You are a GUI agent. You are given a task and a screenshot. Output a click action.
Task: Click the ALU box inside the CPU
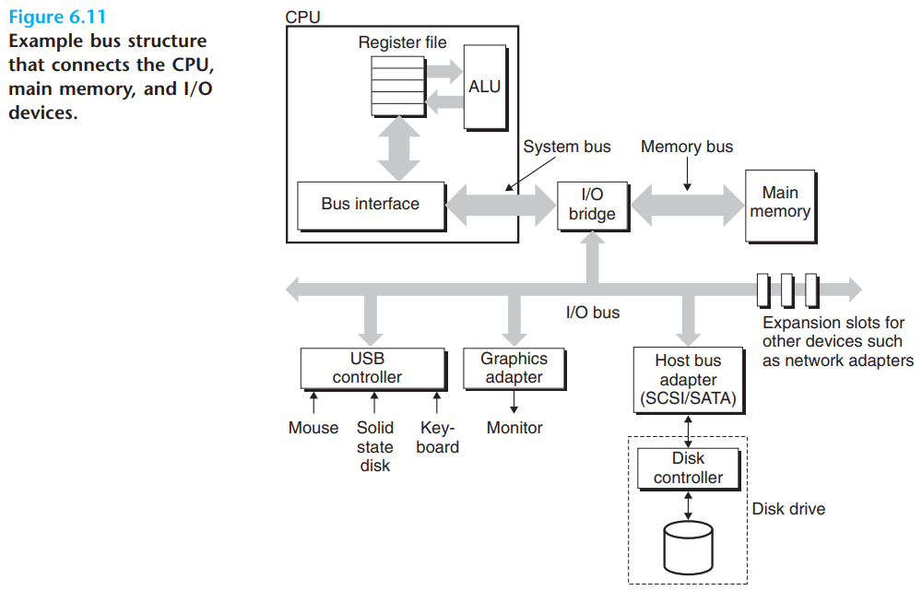pos(486,88)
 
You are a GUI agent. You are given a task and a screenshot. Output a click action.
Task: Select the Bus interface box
pos(372,206)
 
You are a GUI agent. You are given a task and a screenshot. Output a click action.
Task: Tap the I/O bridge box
pos(593,207)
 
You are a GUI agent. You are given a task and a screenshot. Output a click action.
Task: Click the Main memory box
pos(781,207)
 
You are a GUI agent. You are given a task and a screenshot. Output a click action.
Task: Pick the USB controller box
pos(373,370)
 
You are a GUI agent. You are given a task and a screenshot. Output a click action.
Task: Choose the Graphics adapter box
pos(514,370)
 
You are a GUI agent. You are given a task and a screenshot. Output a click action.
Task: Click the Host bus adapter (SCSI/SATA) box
pos(689,381)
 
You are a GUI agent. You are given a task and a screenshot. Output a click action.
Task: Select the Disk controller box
pos(689,469)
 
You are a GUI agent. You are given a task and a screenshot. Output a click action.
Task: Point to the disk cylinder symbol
pos(688,548)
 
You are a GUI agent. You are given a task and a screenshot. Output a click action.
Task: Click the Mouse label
pos(313,428)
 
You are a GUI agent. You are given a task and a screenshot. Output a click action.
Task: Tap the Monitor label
pos(514,428)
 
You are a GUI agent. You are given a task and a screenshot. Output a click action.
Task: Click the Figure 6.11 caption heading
pos(57,17)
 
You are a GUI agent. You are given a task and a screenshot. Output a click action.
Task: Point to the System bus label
pos(567,147)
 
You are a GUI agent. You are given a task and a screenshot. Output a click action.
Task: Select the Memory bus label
pos(687,147)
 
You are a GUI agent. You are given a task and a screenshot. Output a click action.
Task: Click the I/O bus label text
pos(593,313)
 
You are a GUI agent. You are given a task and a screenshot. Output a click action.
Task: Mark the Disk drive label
pos(788,509)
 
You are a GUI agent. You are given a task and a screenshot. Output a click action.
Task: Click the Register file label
pos(402,42)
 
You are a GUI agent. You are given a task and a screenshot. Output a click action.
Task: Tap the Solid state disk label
pos(375,446)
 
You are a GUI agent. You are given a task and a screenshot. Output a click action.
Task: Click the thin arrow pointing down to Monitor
pos(514,402)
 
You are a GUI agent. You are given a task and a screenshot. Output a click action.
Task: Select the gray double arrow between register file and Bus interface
pos(398,148)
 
